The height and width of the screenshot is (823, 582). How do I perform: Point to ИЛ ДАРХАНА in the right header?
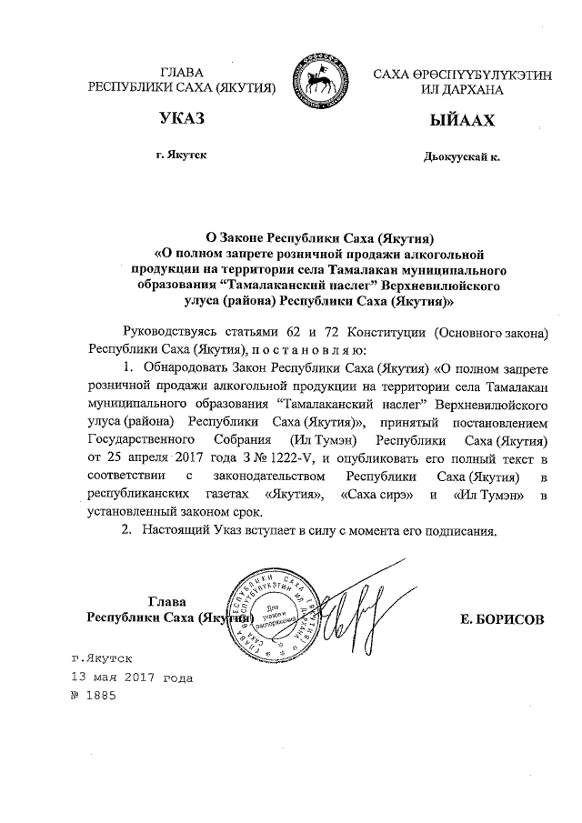tap(462, 88)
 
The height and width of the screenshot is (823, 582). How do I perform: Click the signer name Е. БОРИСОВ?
tap(503, 618)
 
